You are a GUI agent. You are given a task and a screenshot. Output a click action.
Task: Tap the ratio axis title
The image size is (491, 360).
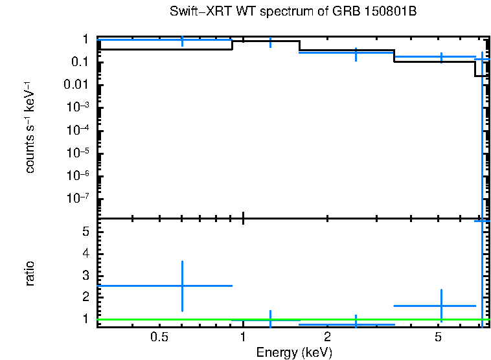[30, 273]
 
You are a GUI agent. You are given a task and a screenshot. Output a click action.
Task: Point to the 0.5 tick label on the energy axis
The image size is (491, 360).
[159, 337]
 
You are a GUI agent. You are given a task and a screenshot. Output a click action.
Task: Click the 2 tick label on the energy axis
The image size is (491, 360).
[327, 337]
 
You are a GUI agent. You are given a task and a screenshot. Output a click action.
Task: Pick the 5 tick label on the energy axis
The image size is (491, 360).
[439, 337]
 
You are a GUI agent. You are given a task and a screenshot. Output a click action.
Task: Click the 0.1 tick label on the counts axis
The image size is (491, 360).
[79, 62]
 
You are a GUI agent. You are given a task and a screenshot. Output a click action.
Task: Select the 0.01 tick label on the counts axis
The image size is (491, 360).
[76, 85]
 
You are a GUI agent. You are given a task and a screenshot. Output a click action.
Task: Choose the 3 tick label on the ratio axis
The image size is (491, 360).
[85, 275]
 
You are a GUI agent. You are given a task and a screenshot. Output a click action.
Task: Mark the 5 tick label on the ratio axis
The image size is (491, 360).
[85, 231]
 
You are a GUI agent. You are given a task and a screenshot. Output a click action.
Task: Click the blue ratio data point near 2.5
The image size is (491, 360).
[182, 286]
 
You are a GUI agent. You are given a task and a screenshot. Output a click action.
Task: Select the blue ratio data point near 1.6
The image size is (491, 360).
[441, 306]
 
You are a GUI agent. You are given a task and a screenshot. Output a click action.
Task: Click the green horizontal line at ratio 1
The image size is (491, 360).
[291, 319]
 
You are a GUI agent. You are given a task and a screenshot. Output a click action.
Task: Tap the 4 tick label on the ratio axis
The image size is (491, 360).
[85, 253]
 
